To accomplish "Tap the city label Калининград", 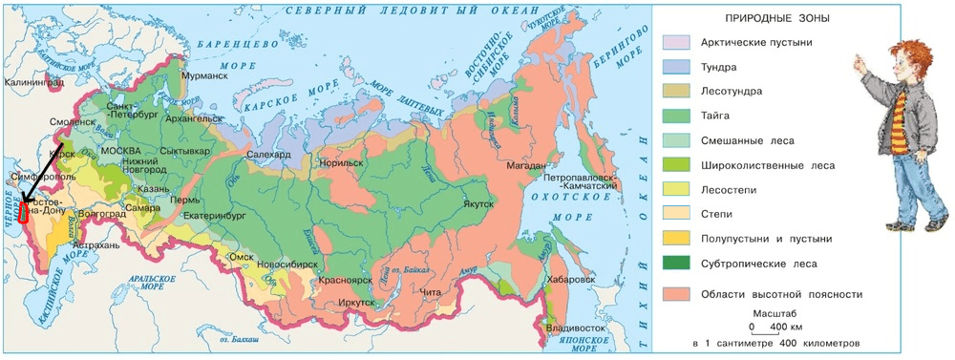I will click(33, 82).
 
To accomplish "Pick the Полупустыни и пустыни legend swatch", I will click(676, 238).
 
